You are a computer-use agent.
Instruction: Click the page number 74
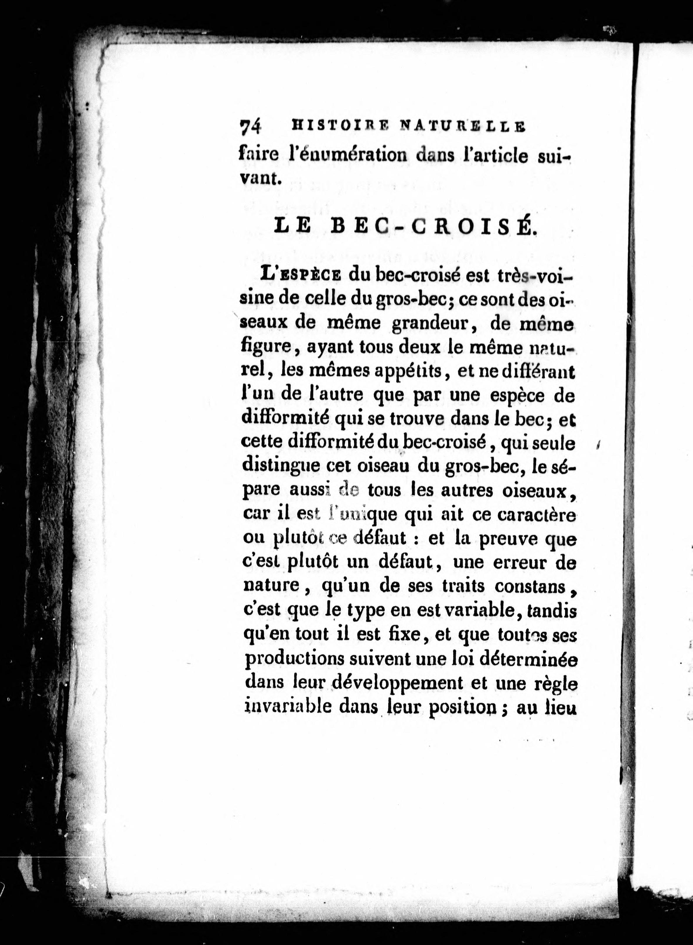pyautogui.click(x=250, y=126)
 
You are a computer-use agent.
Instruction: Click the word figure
pyautogui.click(x=267, y=348)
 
